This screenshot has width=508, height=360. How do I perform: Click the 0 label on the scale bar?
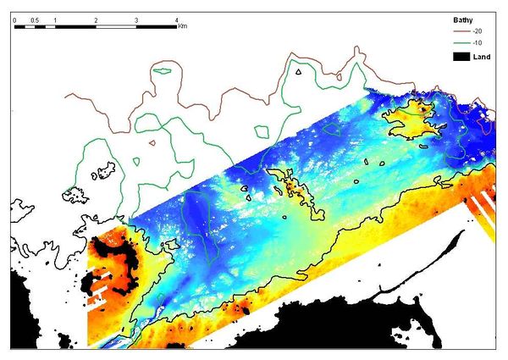15,19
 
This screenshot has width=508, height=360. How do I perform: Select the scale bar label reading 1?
55,19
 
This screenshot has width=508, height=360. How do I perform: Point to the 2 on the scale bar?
96,19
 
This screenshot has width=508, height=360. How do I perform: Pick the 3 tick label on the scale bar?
136,19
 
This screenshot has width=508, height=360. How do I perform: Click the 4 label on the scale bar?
176,19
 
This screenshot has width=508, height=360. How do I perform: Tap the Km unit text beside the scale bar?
183,26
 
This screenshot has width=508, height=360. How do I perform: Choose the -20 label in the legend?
463,30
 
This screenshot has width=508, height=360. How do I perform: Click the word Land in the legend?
467,56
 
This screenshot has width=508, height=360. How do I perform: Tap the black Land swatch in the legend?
440,56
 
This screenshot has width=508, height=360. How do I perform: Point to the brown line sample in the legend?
440,30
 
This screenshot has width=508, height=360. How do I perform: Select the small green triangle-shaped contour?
298,74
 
